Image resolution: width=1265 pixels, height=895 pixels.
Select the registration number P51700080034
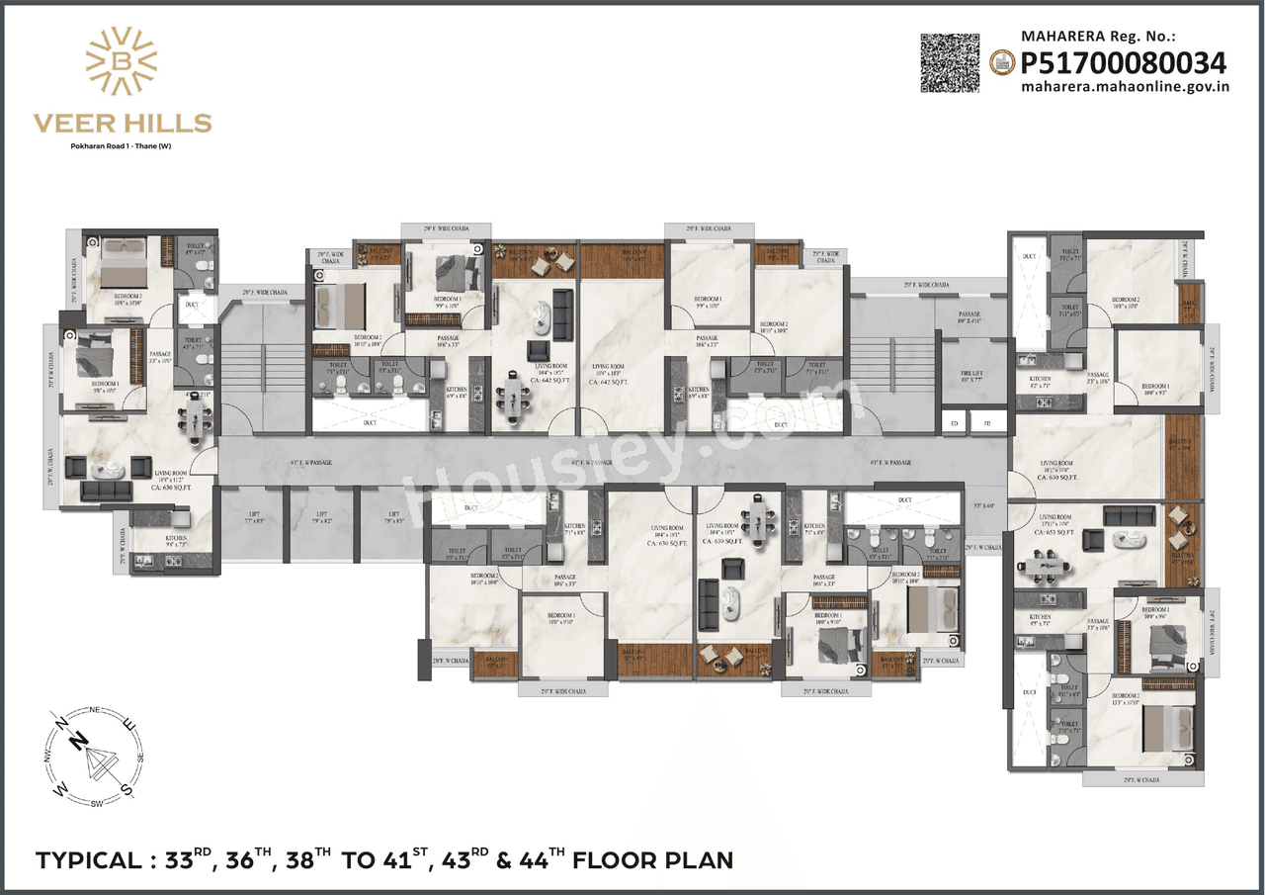point(1124,64)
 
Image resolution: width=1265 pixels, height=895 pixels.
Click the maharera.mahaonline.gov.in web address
point(1125,87)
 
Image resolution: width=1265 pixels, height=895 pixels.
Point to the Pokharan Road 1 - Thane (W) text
point(122,146)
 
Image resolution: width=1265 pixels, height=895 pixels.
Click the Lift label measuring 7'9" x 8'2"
point(321,517)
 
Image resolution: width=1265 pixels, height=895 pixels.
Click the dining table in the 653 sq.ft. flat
point(1047,565)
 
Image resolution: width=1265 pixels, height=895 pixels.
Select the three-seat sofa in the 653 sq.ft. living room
point(1129,516)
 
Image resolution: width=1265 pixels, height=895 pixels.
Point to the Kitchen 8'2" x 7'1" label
point(1039,381)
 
